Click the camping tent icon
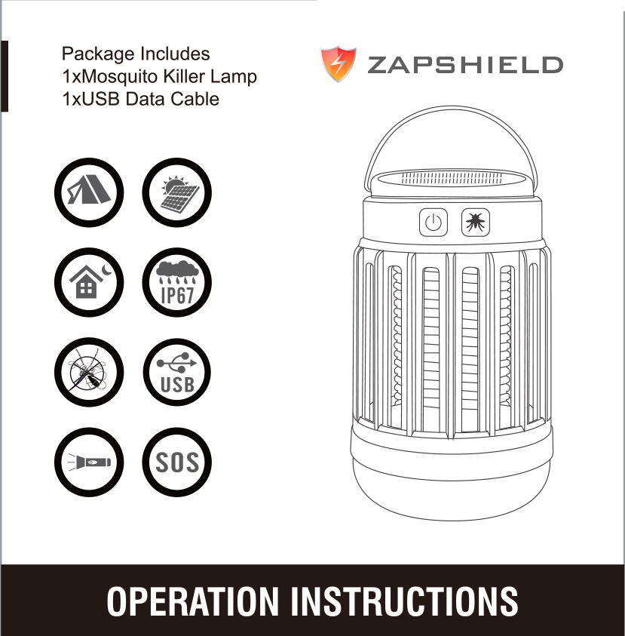[89, 192]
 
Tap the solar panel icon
[176, 192]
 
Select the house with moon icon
[89, 282]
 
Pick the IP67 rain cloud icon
[176, 282]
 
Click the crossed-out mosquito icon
[89, 373]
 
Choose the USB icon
[176, 373]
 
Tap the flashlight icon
[89, 462]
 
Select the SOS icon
[176, 462]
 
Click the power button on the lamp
[434, 223]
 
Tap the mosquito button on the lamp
[476, 223]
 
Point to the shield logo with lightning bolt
[339, 63]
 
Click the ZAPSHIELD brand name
[465, 65]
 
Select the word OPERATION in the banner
[192, 601]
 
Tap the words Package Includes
[136, 54]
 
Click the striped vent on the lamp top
[451, 178]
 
